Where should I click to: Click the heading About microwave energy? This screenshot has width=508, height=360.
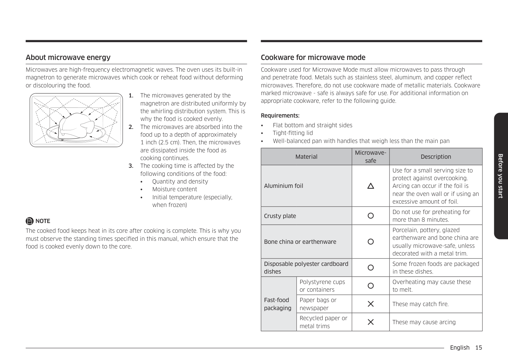(x=68, y=57)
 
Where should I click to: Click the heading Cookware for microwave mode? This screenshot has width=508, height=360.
(x=313, y=57)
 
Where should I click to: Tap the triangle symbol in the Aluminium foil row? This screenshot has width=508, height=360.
(x=370, y=186)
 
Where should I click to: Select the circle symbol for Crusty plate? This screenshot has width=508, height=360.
(x=370, y=216)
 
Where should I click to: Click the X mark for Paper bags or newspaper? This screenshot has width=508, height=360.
(x=370, y=304)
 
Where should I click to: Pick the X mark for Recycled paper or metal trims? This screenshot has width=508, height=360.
(x=370, y=322)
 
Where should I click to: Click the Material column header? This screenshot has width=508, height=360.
(x=306, y=157)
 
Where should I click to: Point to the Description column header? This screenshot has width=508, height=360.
(x=436, y=157)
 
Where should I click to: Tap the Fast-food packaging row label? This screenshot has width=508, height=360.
(x=277, y=304)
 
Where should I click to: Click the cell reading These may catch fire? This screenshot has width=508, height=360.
(x=420, y=304)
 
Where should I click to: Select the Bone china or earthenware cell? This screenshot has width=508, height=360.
(x=300, y=242)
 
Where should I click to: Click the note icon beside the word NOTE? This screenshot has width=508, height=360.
(x=29, y=221)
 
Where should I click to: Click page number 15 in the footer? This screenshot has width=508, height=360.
(x=479, y=348)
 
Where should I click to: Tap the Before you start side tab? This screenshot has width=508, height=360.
(x=500, y=176)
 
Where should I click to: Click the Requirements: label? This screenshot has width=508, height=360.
(x=280, y=116)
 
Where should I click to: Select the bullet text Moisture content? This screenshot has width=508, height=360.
(x=174, y=189)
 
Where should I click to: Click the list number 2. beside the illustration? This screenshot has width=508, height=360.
(x=131, y=127)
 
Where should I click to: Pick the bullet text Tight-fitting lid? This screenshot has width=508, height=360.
(x=293, y=133)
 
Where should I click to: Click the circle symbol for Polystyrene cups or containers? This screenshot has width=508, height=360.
(x=370, y=286)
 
